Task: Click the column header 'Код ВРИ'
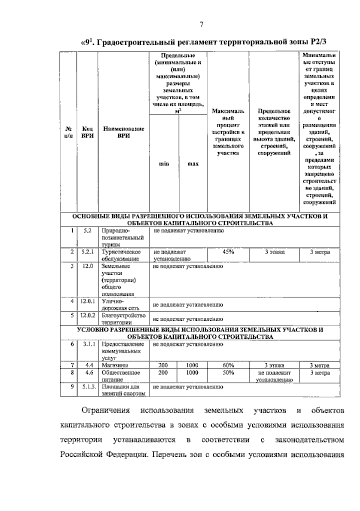[87, 132]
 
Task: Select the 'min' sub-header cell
[164, 164]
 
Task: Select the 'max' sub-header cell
[193, 164]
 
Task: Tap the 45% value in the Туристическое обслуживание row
[228, 252]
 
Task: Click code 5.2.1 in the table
[87, 252]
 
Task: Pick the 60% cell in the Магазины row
[228, 365]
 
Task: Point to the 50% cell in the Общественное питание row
[228, 373]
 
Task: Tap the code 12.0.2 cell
[87, 316]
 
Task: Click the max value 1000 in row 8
[192, 373]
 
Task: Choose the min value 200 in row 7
[163, 365]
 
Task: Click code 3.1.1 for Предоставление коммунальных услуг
[87, 344]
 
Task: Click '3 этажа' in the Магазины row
[274, 365]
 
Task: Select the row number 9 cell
[72, 387]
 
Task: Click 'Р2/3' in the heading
[318, 42]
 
